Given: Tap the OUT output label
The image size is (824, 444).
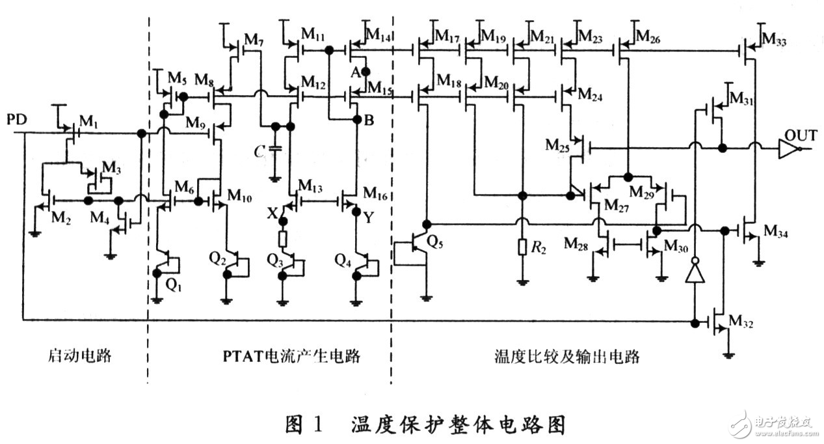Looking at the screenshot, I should pyautogui.click(x=800, y=135).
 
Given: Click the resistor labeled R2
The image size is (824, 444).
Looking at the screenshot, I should pyautogui.click(x=522, y=247).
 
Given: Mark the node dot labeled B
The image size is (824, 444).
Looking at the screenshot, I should pyautogui.click(x=356, y=120).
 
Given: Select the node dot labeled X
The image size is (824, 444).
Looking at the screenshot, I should pyautogui.click(x=282, y=221).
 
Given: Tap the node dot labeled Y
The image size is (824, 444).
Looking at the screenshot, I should pyautogui.click(x=356, y=212).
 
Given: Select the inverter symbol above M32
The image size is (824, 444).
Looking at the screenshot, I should pyautogui.click(x=695, y=271).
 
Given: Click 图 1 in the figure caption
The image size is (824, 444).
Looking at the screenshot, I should pyautogui.click(x=306, y=424).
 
